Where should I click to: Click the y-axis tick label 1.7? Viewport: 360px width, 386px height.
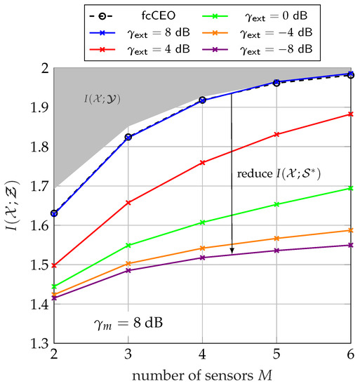36,187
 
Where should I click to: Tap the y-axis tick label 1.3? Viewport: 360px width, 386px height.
36,344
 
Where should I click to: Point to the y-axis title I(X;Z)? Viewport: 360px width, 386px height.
11,206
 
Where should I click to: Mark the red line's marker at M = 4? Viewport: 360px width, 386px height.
202,163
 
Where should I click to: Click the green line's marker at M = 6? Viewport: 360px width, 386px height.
351,188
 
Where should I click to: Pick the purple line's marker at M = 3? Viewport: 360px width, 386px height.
128,270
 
